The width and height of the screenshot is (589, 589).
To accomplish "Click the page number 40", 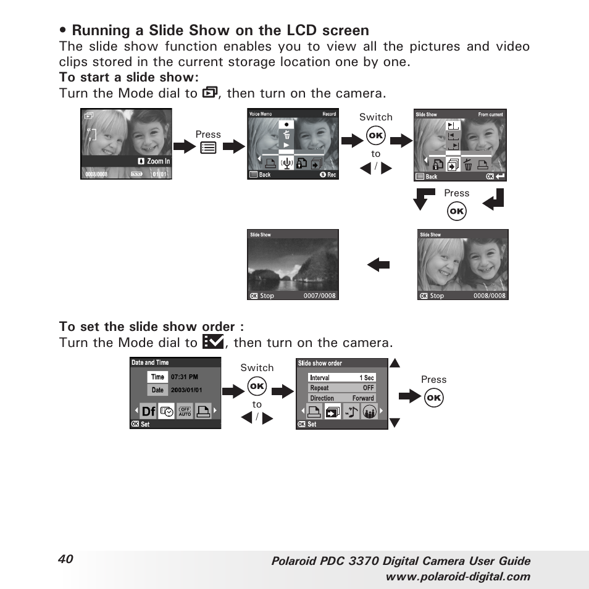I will (x=66, y=559).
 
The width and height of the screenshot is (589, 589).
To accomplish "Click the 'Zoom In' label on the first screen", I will (x=158, y=161).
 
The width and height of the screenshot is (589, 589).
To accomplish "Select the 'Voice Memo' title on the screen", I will (x=261, y=114).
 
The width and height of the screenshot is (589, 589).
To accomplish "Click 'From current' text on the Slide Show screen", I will (x=491, y=115).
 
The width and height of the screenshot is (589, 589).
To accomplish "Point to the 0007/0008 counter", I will (x=320, y=296).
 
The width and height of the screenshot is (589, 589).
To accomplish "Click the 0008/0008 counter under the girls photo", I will (x=490, y=296).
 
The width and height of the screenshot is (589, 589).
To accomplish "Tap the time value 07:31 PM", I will (x=185, y=377).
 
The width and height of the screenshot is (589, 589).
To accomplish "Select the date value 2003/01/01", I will (x=186, y=390).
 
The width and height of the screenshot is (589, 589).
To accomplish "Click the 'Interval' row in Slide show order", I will (x=342, y=378).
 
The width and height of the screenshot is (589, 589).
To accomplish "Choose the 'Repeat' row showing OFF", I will (x=342, y=388).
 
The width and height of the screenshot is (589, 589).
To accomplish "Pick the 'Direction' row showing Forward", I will (x=342, y=398).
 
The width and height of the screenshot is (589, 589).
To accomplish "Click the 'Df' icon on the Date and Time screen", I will (x=148, y=412).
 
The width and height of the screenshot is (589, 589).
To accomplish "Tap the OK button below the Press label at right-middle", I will (x=457, y=212).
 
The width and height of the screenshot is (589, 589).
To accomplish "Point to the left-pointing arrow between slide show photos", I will (x=378, y=265).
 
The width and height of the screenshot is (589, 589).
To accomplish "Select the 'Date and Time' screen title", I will (x=150, y=362).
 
